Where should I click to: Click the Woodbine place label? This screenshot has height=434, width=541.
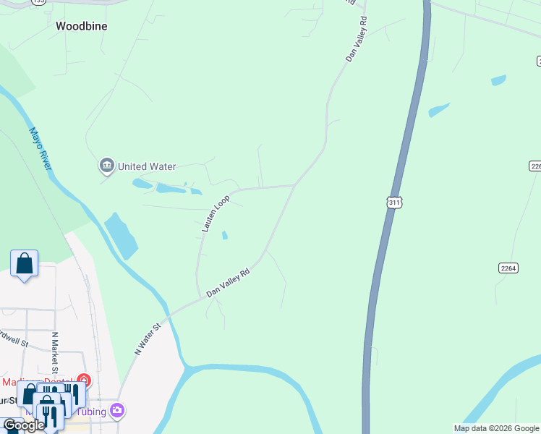pyautogui.click(x=82, y=25)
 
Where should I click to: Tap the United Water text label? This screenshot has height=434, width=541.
pyautogui.click(x=147, y=166)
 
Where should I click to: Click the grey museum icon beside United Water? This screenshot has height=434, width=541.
pyautogui.click(x=107, y=166)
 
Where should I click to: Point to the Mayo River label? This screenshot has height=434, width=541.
pyautogui.click(x=41, y=149)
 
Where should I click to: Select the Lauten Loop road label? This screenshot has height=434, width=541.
pyautogui.click(x=216, y=213)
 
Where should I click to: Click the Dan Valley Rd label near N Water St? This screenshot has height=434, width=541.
pyautogui.click(x=228, y=281)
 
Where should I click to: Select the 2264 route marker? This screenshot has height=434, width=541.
pyautogui.click(x=508, y=268)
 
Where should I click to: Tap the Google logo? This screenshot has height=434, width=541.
pyautogui.click(x=24, y=425)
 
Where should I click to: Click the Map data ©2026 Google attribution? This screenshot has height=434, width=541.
pyautogui.click(x=496, y=428)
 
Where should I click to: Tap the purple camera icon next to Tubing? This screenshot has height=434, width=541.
pyautogui.click(x=117, y=412)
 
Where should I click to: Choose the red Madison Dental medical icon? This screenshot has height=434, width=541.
pyautogui.click(x=84, y=380)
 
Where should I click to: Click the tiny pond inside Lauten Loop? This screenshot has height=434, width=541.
pyautogui.click(x=225, y=235)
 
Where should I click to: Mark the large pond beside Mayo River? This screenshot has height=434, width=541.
pyautogui.click(x=121, y=235)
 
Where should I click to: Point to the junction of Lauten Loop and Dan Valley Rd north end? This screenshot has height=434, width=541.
pyautogui.click(x=294, y=185)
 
